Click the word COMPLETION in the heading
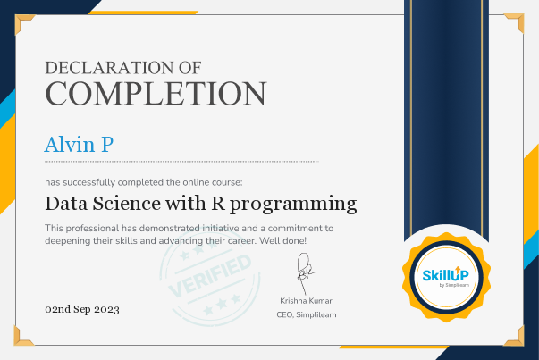pos(156,94)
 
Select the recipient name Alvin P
pos(79,145)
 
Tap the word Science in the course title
pos(127,203)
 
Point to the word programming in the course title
pos(293,205)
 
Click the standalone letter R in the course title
pos(218,203)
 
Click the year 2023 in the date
pos(106,309)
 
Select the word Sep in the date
pos(82,310)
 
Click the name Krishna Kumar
pos(306,301)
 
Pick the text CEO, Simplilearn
pos(307,314)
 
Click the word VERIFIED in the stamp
pos(210,276)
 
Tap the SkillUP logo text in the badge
pos(445,275)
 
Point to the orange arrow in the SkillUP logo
pos(457,270)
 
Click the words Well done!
pos(282,240)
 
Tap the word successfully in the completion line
pos(89,182)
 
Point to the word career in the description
pos(244,241)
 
